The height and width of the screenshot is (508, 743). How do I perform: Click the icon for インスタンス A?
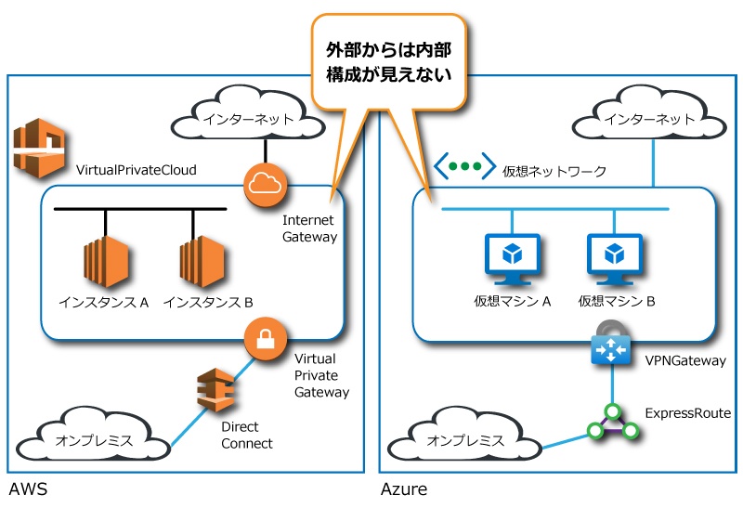click(x=104, y=264)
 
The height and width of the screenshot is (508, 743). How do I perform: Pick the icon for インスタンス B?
click(x=202, y=264)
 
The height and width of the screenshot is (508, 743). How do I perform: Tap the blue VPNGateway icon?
click(x=610, y=349)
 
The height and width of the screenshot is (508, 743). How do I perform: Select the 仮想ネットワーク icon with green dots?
click(x=464, y=167)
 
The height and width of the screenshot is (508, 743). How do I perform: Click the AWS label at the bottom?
click(x=27, y=489)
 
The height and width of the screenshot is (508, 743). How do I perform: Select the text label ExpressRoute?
click(x=687, y=412)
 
